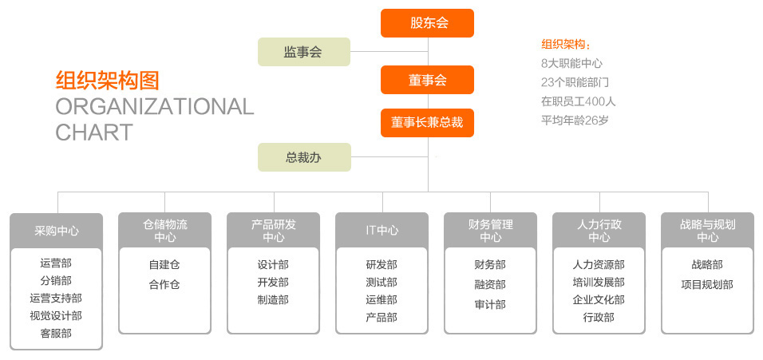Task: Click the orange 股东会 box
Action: tap(427, 23)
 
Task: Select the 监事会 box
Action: tap(304, 52)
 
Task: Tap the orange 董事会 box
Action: tap(427, 80)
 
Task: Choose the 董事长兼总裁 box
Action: tap(427, 123)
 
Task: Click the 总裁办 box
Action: tap(304, 157)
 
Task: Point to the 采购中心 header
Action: tap(57, 231)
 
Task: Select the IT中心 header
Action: tap(382, 230)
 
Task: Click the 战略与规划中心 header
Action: tap(707, 230)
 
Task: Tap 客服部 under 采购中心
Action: tap(56, 334)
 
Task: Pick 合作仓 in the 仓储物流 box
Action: tap(164, 285)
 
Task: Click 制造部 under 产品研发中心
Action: tap(273, 299)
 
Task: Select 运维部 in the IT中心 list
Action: tap(381, 299)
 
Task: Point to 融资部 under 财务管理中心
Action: tap(490, 285)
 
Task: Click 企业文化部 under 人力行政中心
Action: tap(599, 299)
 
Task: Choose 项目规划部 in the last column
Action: tap(707, 285)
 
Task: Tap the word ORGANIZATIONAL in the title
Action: tap(155, 106)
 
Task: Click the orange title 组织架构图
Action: tap(108, 81)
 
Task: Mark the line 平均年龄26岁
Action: tap(575, 121)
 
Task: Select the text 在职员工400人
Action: tap(578, 101)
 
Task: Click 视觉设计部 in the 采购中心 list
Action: tap(56, 316)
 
